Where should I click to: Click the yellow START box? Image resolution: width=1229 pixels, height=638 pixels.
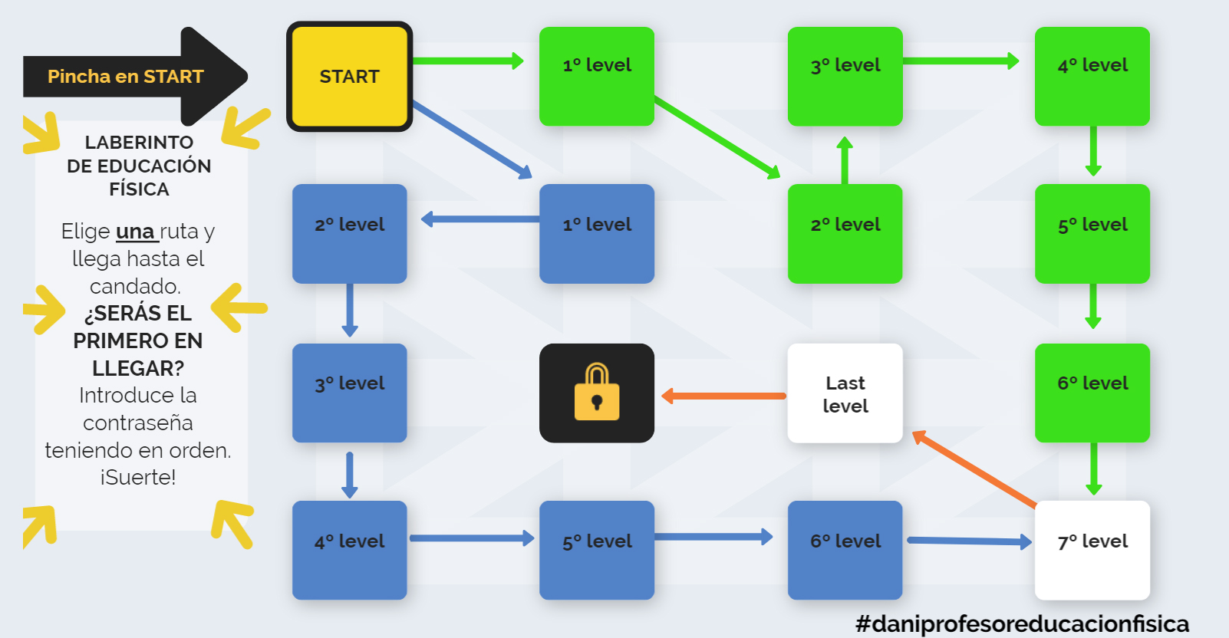pos(349,76)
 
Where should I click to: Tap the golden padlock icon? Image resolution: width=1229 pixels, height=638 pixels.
pos(597,393)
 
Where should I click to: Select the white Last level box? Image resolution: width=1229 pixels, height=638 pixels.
pos(845,393)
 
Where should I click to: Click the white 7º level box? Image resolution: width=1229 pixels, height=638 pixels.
pos(1092,550)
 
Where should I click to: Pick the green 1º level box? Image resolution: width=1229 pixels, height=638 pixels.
pos(596,76)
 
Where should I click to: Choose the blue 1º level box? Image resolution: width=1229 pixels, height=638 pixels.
pos(596,233)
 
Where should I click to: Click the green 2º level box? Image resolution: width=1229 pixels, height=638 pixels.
pos(845,233)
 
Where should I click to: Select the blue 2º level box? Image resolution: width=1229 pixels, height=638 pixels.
pos(349,233)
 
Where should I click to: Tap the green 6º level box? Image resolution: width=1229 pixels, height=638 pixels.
pos(1092,393)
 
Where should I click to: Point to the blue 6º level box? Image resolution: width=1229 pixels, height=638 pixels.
pos(845,550)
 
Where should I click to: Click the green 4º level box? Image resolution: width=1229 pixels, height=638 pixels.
pos(1092,76)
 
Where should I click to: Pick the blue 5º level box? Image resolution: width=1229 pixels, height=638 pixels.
pos(596,550)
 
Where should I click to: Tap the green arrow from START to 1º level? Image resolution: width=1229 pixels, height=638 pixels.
pos(468,61)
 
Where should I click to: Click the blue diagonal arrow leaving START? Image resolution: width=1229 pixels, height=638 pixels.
pos(471,139)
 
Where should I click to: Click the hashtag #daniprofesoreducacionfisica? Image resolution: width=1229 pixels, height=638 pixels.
pos(1022,623)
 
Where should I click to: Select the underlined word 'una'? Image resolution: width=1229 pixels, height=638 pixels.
pos(136,232)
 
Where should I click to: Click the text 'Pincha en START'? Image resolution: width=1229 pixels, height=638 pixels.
pos(125,77)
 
